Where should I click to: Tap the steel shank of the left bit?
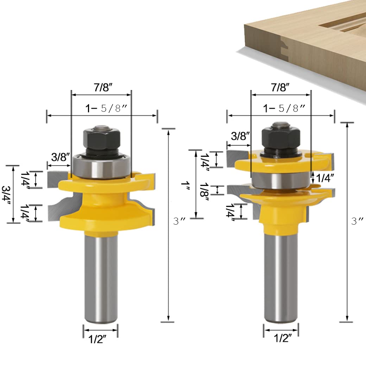pyautogui.click(x=101, y=278)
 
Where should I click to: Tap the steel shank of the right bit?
pyautogui.click(x=281, y=278)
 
